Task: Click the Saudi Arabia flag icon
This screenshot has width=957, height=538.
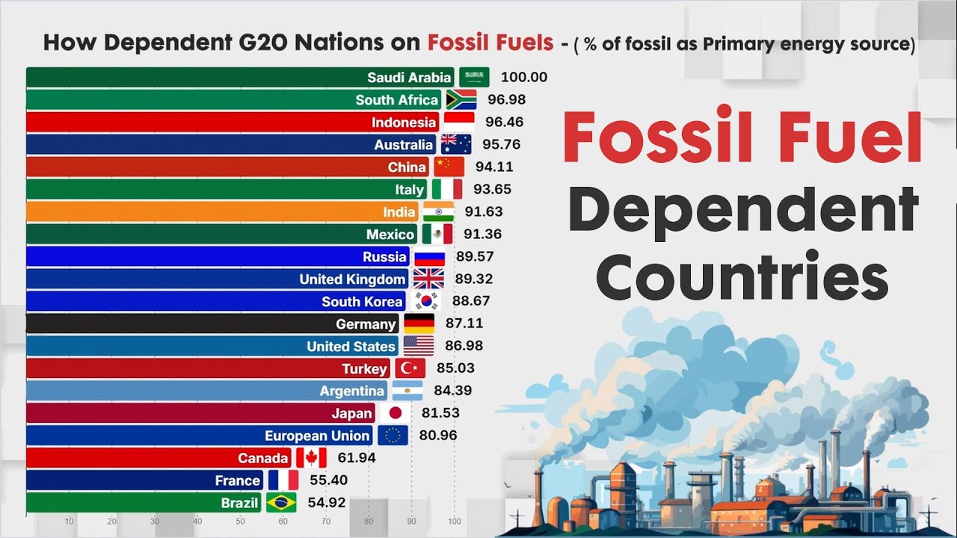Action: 474,77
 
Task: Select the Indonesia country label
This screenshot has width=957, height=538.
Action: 404,122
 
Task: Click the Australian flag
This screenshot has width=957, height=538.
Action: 456,144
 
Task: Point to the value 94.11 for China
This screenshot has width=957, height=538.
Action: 493,167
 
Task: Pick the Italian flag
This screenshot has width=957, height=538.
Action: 447,189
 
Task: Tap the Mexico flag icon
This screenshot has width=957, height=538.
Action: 437,234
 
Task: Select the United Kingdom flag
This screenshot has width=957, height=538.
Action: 428,279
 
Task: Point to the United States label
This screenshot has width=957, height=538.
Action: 351,346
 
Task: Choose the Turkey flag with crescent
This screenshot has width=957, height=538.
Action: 410,368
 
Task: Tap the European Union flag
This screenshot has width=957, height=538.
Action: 393,436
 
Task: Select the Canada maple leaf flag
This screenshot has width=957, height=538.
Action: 311,458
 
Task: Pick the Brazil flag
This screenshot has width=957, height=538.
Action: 281,503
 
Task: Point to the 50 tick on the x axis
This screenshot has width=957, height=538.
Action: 240,522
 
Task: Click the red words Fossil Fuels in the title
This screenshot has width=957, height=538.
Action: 490,43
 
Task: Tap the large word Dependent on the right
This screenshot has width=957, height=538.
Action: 743,211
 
